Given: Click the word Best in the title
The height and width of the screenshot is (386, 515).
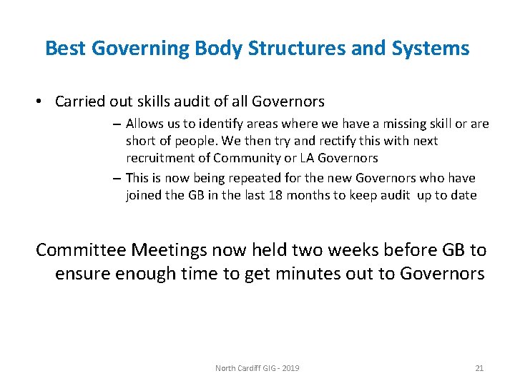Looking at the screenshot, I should coord(63,49).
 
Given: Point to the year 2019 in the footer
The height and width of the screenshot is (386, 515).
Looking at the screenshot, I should coord(291,368).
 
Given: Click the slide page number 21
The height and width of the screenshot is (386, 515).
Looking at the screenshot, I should coord(479,368).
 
